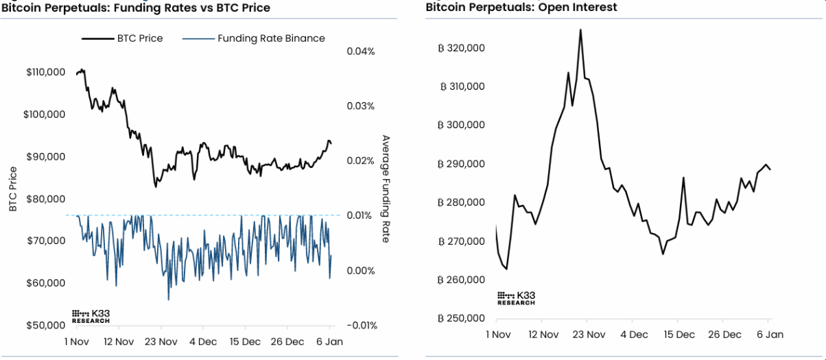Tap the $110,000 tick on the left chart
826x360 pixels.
(45, 72)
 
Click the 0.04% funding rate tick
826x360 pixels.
(361, 51)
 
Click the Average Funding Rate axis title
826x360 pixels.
(386, 189)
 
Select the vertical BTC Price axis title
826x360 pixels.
(13, 189)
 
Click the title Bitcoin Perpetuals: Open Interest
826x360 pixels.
(521, 8)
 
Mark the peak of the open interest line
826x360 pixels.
(580, 29)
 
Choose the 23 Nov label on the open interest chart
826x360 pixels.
(588, 335)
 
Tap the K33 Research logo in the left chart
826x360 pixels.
(91, 315)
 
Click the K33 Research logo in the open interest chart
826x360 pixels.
(516, 298)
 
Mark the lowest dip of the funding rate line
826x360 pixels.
(168, 300)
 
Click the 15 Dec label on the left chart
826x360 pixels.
(245, 341)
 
